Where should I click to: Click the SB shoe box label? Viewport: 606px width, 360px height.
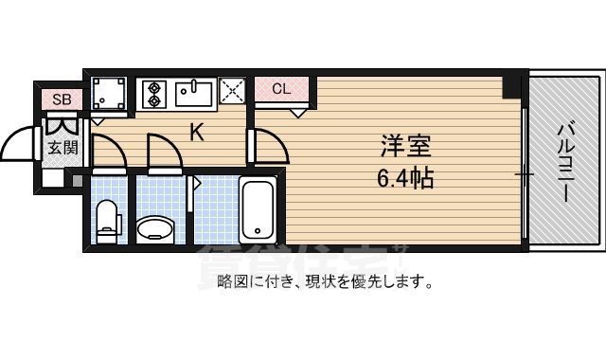pos(62,98)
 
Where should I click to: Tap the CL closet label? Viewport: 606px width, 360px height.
pos(280,90)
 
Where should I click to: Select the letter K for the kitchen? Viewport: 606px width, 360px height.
pos(197,133)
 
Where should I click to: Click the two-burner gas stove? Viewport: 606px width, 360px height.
pos(154,93)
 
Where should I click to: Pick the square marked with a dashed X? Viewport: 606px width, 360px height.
pos(232,93)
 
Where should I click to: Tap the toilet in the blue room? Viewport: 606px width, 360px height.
pos(108,220)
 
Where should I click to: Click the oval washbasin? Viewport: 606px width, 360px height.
pos(155,227)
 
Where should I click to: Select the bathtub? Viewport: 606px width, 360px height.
pos(257,208)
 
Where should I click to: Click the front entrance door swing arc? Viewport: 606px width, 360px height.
pos(23,145)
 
